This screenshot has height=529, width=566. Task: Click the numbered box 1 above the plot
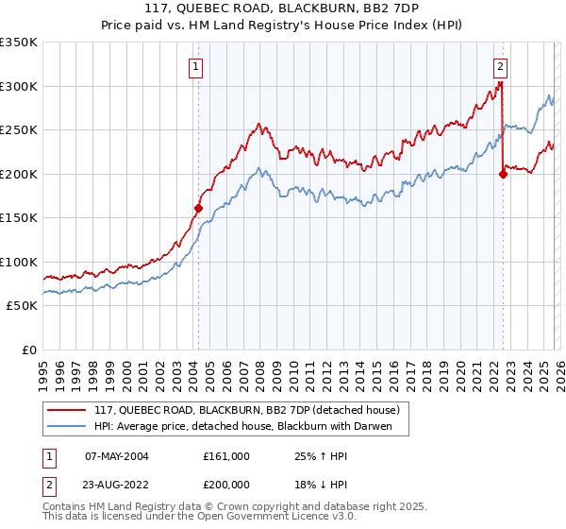tap(195, 66)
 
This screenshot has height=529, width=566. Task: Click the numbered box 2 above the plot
tap(500, 66)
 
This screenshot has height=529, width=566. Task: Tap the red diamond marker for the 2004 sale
tap(198, 208)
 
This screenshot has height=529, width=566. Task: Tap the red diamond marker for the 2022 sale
tap(503, 174)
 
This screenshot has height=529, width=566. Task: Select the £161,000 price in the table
tap(226, 456)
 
